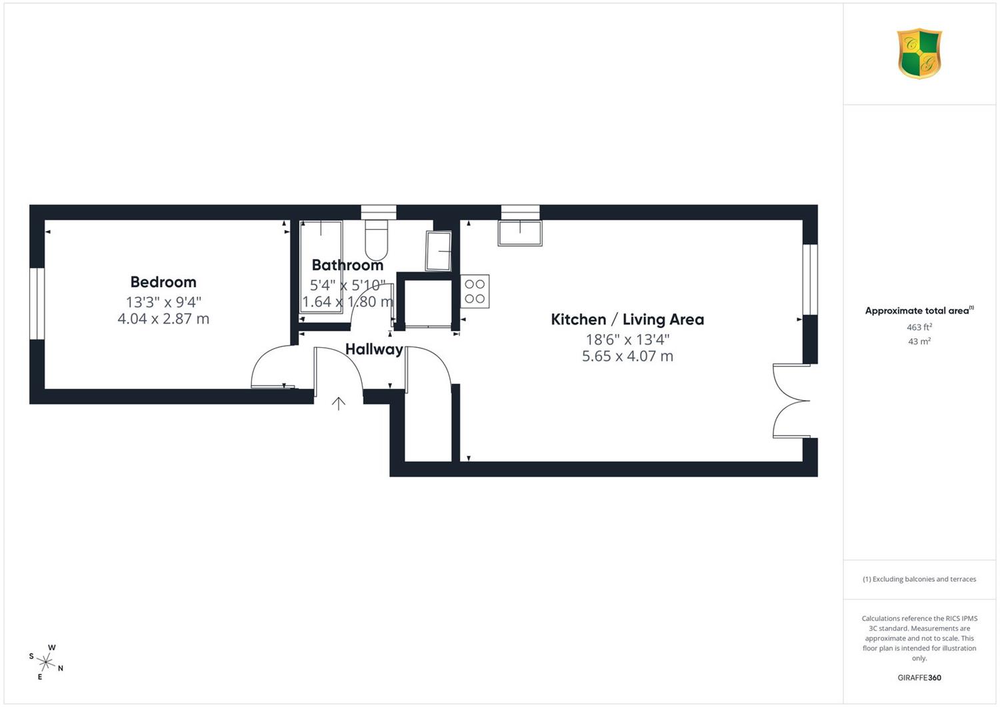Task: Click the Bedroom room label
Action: point(163,282)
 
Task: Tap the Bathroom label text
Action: point(347,265)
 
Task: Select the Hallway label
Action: point(374,349)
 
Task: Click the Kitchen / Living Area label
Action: point(627,320)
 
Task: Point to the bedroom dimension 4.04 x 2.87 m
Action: point(163,319)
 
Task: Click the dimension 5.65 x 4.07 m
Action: point(627,356)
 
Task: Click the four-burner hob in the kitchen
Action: point(475,291)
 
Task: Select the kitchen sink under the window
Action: point(520,233)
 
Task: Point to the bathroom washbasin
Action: point(439,251)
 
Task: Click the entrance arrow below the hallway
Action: point(339,404)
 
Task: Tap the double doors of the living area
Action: point(791,401)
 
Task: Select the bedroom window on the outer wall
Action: point(37,303)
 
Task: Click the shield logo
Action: point(919,53)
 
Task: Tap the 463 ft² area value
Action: point(919,327)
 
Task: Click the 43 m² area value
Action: point(919,341)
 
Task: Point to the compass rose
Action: point(46,662)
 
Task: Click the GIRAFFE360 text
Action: point(919,678)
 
